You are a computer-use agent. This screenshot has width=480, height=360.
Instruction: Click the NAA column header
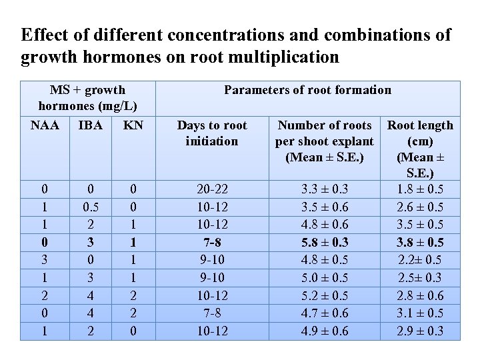pyautogui.click(x=45, y=125)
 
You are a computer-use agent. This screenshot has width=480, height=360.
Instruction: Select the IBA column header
pyautogui.click(x=90, y=125)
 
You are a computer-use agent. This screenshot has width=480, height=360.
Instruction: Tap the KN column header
pyautogui.click(x=133, y=125)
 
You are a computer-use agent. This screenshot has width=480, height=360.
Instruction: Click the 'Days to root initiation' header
pyautogui.click(x=211, y=133)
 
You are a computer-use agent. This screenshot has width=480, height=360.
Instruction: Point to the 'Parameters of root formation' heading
pyautogui.click(x=307, y=90)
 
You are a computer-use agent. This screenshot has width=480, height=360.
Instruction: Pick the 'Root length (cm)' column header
pyautogui.click(x=420, y=133)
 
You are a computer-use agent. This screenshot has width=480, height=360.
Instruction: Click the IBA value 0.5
pyautogui.click(x=90, y=207)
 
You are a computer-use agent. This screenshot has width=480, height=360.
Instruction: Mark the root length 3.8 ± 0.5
pyautogui.click(x=420, y=242)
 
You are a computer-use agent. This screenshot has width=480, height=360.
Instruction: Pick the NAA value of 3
pyautogui.click(x=45, y=260)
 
